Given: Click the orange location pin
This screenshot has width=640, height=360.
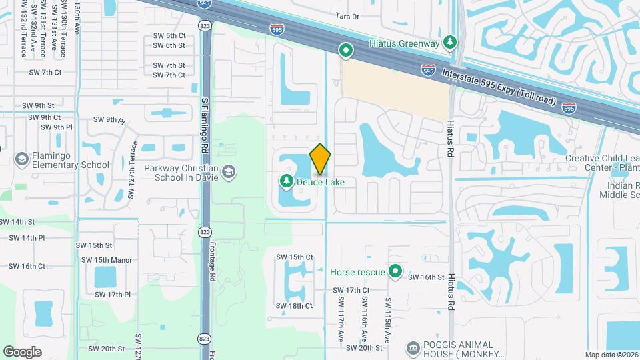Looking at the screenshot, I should [x=320, y=159].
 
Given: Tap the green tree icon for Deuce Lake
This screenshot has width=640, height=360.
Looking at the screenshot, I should [x=286, y=181].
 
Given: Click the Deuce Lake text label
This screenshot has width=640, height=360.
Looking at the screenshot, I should [x=321, y=181].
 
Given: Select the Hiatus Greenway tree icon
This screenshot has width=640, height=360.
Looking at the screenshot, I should [x=451, y=43].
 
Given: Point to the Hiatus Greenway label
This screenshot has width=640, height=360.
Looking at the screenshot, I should [x=405, y=44].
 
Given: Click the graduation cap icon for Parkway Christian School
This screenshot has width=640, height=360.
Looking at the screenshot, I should [x=229, y=172].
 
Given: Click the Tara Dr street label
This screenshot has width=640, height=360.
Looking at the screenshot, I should [x=347, y=16].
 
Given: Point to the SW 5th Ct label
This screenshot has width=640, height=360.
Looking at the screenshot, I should [x=169, y=35].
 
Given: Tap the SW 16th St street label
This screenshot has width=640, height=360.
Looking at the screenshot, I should [x=426, y=277].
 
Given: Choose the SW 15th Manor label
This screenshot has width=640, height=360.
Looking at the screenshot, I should [x=104, y=260].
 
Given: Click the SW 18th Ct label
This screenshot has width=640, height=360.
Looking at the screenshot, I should [x=294, y=306].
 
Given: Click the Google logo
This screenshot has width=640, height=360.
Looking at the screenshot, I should [x=22, y=352].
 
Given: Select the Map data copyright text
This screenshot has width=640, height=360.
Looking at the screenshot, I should [x=611, y=355].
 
